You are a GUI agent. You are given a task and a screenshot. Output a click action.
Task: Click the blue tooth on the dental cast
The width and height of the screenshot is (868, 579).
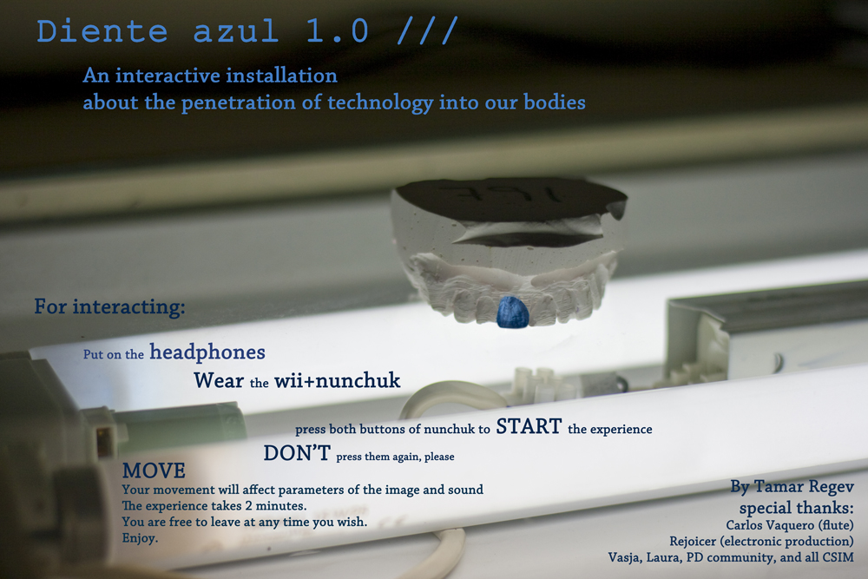click(x=513, y=311)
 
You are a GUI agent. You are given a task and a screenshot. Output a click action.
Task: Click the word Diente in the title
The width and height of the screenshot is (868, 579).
click(x=102, y=31)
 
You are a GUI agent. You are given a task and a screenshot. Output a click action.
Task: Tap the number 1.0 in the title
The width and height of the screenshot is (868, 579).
click(x=337, y=31)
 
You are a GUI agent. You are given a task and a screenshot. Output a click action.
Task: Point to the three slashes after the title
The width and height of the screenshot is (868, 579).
click(x=427, y=30)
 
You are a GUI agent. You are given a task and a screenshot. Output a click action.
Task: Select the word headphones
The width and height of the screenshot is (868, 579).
click(x=207, y=352)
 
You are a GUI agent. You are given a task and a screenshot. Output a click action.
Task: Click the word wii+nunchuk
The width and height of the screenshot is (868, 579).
click(x=338, y=380)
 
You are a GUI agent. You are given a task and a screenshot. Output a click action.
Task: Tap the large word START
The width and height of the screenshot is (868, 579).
click(x=529, y=426)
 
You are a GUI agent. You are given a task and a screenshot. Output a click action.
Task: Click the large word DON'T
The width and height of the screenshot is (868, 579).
click(x=297, y=453)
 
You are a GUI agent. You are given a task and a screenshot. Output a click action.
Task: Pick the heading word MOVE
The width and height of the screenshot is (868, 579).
click(x=154, y=470)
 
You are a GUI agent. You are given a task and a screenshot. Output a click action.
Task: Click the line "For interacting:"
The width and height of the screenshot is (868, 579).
click(x=109, y=306)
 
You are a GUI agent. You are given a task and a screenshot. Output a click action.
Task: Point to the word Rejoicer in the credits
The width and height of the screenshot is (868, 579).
click(x=693, y=542)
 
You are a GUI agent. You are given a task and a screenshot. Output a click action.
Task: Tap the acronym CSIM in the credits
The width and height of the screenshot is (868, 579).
click(x=838, y=556)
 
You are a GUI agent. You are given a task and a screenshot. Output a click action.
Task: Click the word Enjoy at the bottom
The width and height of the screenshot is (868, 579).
click(x=140, y=538)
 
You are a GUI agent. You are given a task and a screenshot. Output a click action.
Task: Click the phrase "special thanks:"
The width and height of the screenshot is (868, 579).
click(x=797, y=508)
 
